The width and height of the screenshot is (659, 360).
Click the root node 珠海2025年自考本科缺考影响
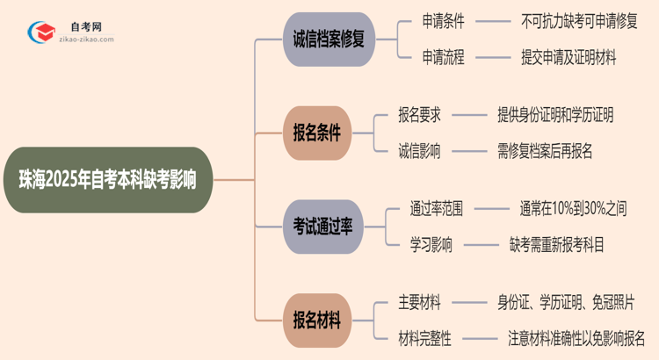point(106,179)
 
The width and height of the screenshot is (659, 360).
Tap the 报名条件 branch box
point(316,133)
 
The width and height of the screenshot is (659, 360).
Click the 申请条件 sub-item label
point(443,21)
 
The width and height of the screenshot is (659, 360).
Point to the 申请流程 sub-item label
point(443,58)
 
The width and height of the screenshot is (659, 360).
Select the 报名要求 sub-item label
point(420,114)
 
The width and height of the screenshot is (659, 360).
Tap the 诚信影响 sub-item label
point(420,151)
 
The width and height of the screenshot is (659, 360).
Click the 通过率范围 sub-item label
point(437,209)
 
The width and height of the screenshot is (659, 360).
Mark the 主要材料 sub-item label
point(420,302)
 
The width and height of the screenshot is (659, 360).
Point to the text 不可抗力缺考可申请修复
point(579,21)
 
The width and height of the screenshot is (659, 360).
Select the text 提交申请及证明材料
point(567,58)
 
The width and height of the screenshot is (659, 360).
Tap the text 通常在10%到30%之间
point(573,209)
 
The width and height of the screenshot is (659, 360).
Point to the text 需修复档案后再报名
point(544,151)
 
